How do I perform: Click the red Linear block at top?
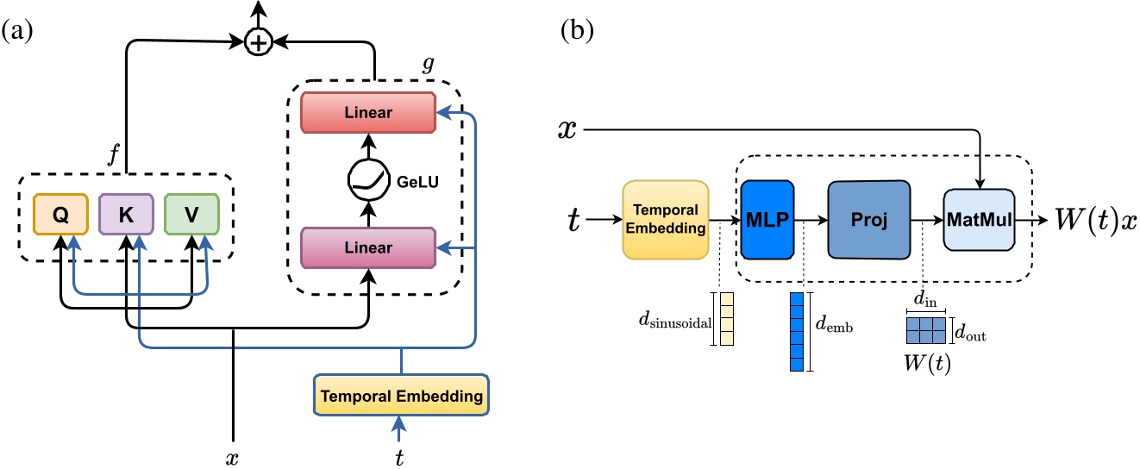370,112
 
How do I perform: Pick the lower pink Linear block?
370,247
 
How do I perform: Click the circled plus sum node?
257,41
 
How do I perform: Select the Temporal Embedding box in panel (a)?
400,397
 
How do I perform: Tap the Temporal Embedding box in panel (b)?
665,221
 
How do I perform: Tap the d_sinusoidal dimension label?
672,319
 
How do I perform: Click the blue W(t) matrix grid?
926,329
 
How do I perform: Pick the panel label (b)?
576,33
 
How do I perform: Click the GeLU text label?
419,183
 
